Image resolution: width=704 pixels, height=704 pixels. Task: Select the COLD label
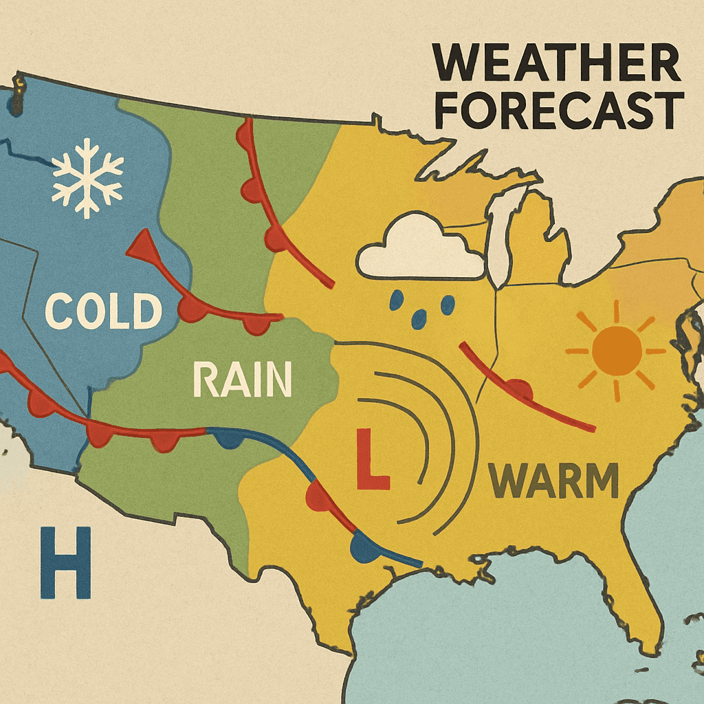tap(103, 311)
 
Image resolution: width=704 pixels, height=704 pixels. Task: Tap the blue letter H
tap(65, 562)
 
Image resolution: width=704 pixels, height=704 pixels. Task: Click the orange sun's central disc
tap(616, 351)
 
